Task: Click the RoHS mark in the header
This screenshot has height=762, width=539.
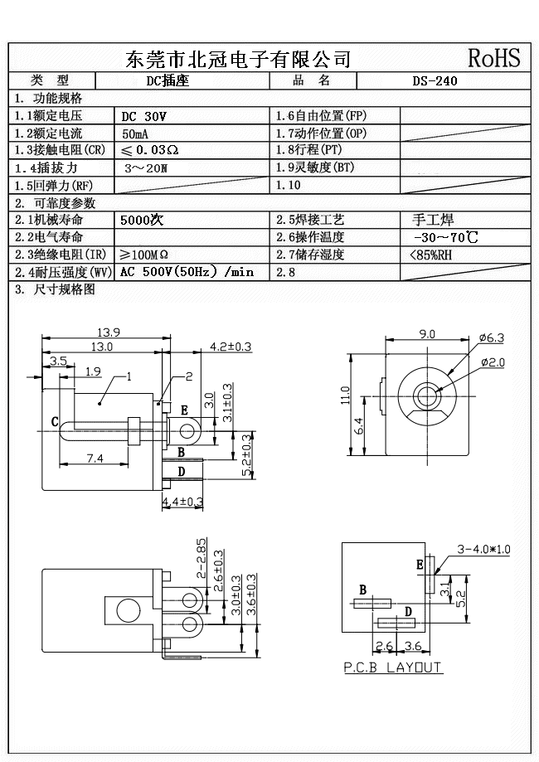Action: (494, 58)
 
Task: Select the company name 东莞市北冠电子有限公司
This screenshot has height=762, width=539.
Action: (237, 59)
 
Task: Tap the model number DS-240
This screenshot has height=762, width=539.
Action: (435, 81)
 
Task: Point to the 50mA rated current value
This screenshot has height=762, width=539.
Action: (136, 133)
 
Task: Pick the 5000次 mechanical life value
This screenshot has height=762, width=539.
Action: (142, 221)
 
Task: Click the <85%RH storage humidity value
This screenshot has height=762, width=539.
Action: (431, 255)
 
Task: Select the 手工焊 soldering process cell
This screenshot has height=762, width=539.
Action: (433, 220)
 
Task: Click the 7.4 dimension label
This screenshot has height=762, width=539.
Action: (95, 458)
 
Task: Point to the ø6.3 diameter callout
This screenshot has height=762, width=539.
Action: (492, 337)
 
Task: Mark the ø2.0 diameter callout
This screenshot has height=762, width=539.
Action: (492, 362)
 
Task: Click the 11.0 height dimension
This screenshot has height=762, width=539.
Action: (346, 396)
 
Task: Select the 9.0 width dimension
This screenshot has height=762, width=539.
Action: (427, 334)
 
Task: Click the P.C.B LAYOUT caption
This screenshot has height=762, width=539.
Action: (393, 667)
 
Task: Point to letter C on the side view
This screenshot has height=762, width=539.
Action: (55, 422)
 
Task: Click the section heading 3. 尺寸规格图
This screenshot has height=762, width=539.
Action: (55, 289)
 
